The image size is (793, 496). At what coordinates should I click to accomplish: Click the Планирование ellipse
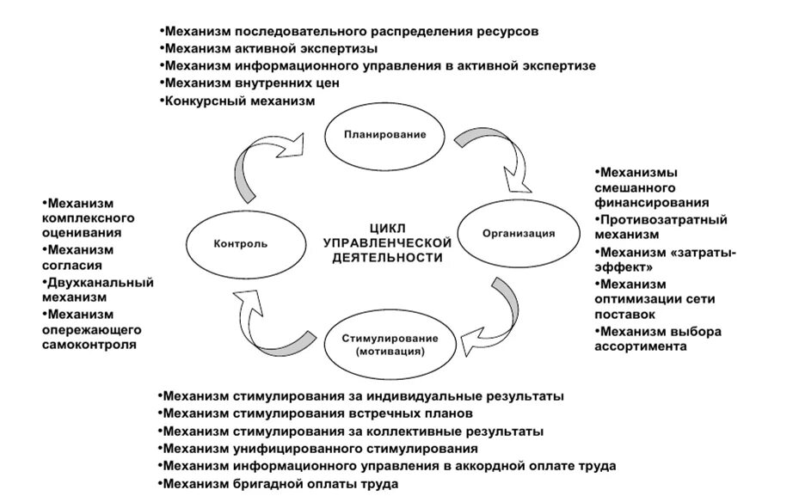(385, 135)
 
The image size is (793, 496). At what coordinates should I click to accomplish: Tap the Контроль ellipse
(240, 242)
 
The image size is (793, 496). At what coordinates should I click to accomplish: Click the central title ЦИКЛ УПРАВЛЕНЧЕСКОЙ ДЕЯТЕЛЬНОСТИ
(386, 242)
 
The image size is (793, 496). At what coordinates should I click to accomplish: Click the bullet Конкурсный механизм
(240, 101)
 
